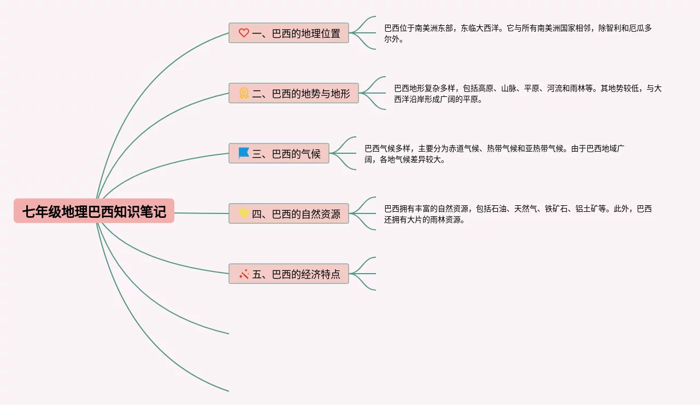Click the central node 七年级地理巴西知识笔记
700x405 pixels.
(x=94, y=211)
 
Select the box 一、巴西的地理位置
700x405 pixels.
(x=289, y=33)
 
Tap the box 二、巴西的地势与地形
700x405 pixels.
(x=294, y=93)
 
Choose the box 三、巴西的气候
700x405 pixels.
(x=279, y=153)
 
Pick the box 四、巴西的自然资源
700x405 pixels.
(x=289, y=213)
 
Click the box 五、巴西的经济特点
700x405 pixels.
(x=289, y=274)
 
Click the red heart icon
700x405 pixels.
(x=244, y=33)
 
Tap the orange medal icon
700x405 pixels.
(x=244, y=93)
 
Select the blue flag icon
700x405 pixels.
(x=243, y=153)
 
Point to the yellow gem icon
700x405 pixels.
(x=244, y=213)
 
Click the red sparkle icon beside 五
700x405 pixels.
(x=244, y=274)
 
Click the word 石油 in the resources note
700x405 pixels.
(x=499, y=209)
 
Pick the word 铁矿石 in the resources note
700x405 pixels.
(x=556, y=209)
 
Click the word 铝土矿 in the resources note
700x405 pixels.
(x=586, y=209)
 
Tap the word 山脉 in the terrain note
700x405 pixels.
(x=509, y=88)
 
